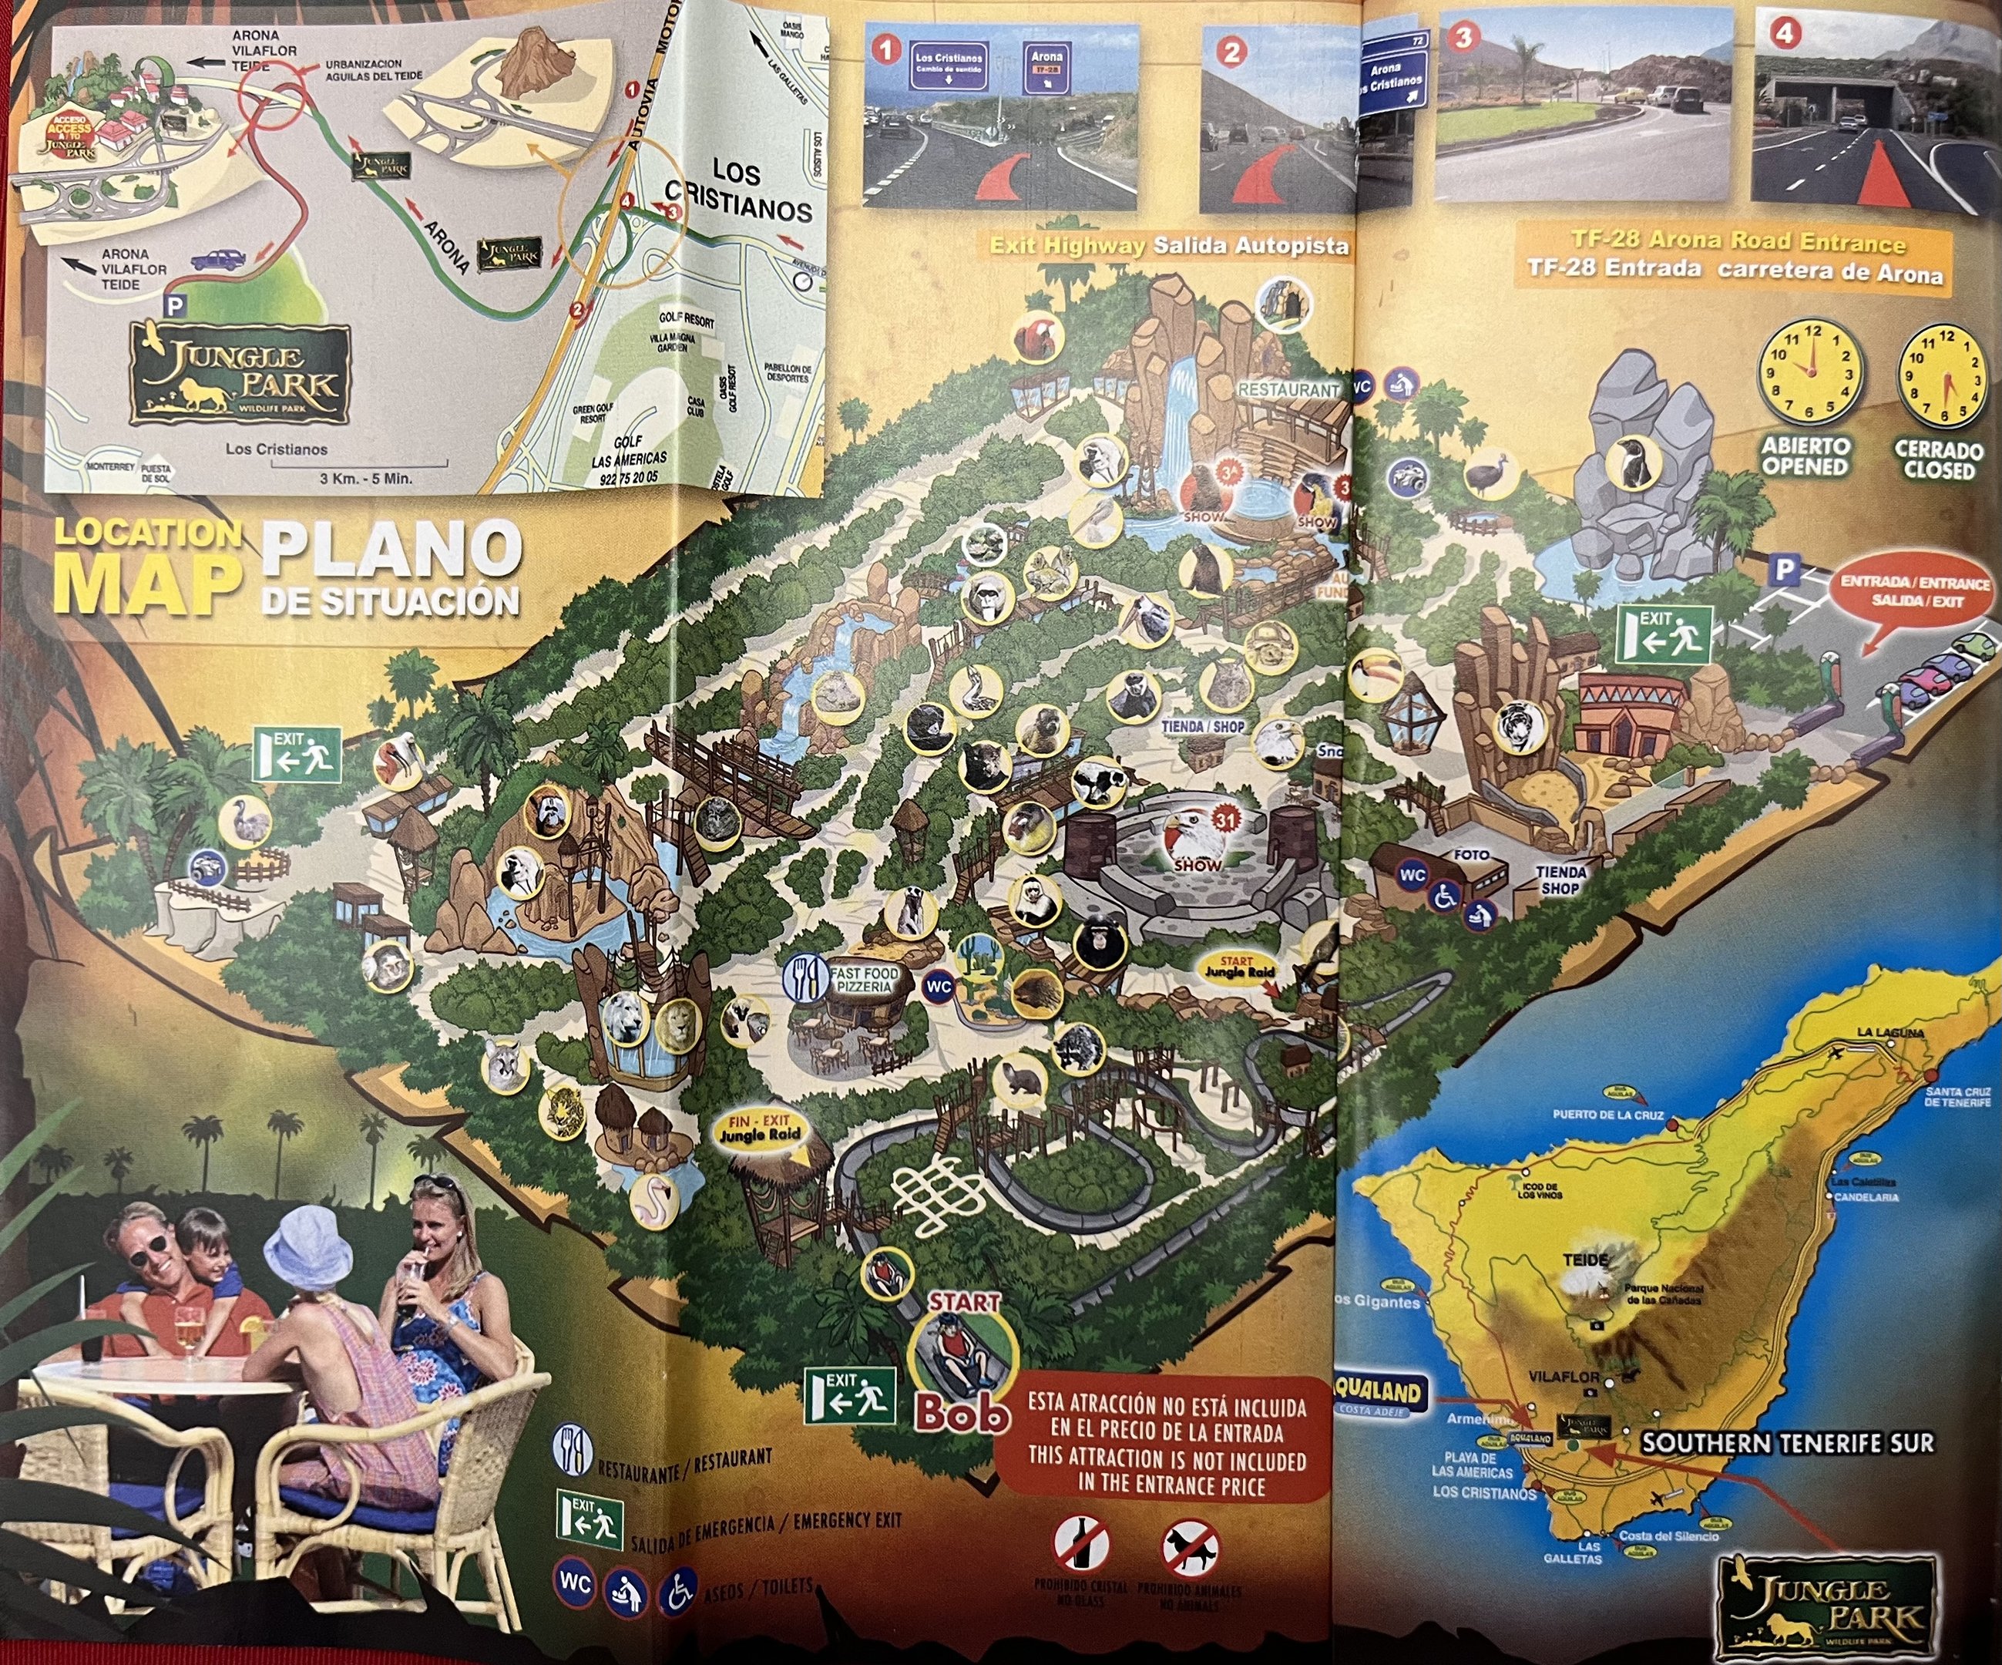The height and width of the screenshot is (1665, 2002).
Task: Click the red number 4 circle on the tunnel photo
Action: (1785, 33)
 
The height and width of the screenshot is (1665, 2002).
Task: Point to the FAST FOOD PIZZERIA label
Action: (864, 980)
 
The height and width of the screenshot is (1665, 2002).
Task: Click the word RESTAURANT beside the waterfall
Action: (1289, 390)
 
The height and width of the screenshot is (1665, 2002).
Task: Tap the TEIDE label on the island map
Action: (1584, 1260)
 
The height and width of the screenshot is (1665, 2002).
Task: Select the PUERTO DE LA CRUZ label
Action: (1607, 1115)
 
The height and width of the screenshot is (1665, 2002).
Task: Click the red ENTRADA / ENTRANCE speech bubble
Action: (1914, 592)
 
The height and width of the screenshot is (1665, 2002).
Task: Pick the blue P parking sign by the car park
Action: (1785, 570)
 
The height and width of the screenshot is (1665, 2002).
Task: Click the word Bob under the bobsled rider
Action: (962, 1416)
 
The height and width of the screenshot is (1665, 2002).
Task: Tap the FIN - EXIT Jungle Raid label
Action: (760, 1129)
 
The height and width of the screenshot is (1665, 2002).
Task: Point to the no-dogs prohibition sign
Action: (1190, 1547)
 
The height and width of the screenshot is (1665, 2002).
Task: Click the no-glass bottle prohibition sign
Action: (1081, 1544)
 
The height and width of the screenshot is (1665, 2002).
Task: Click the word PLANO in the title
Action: (391, 550)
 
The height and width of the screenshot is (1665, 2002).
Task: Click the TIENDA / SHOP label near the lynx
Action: (1203, 727)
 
